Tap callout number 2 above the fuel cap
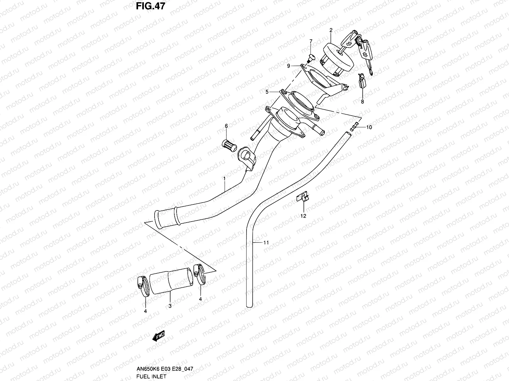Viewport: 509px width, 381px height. [x=331, y=30]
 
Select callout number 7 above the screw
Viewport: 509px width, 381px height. [x=311, y=41]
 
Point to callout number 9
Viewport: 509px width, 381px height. [x=289, y=66]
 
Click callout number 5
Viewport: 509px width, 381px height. [x=268, y=92]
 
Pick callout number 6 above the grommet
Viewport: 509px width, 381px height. [x=226, y=126]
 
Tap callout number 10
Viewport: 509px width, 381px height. [x=369, y=127]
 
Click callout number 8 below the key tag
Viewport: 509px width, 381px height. [x=362, y=102]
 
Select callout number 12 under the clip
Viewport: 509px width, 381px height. [x=303, y=216]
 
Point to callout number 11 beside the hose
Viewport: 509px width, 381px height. [x=266, y=243]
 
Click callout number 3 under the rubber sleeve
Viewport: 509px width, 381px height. [x=170, y=306]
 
